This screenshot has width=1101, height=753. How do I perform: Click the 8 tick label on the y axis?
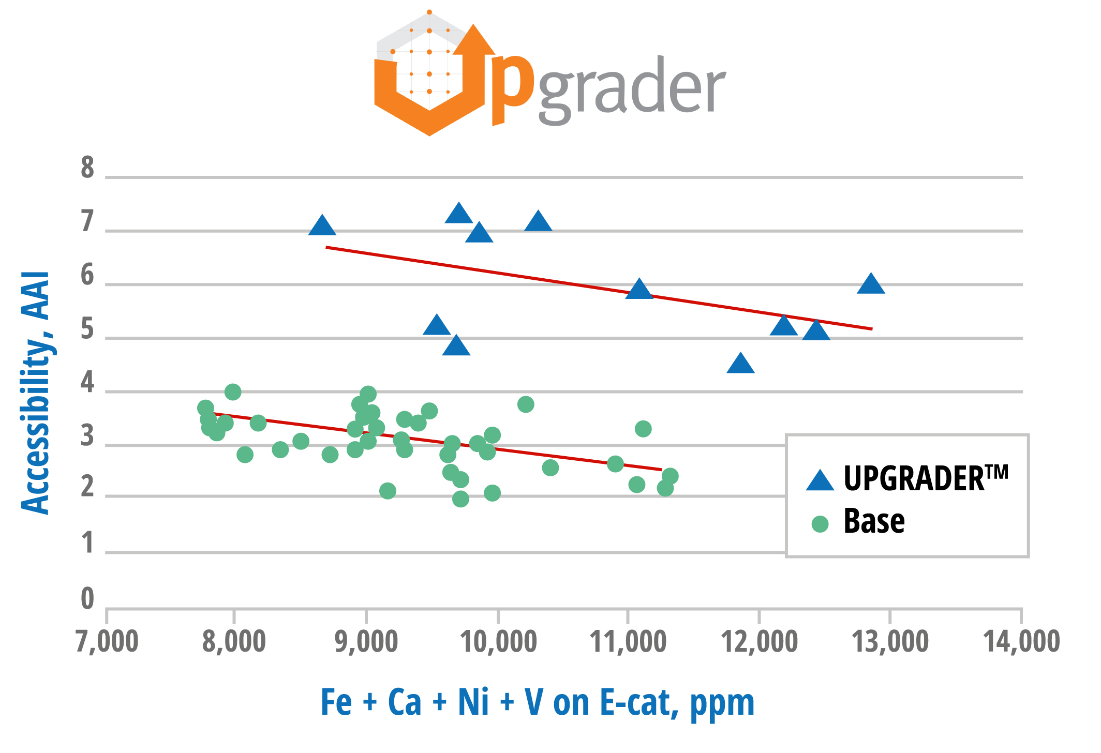point(87,168)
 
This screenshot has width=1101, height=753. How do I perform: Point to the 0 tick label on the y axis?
point(87,598)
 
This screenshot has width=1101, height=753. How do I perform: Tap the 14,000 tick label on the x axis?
point(1021,642)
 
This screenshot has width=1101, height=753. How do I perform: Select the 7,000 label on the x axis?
point(107,642)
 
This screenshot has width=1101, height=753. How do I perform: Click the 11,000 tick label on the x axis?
point(628,642)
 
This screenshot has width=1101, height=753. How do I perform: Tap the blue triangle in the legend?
point(820,480)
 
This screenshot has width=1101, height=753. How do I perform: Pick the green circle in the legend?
point(820,524)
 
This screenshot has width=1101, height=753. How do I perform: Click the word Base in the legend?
point(874,521)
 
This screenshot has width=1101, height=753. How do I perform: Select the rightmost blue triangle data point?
point(871,284)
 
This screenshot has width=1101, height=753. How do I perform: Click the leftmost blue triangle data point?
point(322,226)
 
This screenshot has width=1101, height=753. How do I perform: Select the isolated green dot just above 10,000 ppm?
point(526,404)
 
